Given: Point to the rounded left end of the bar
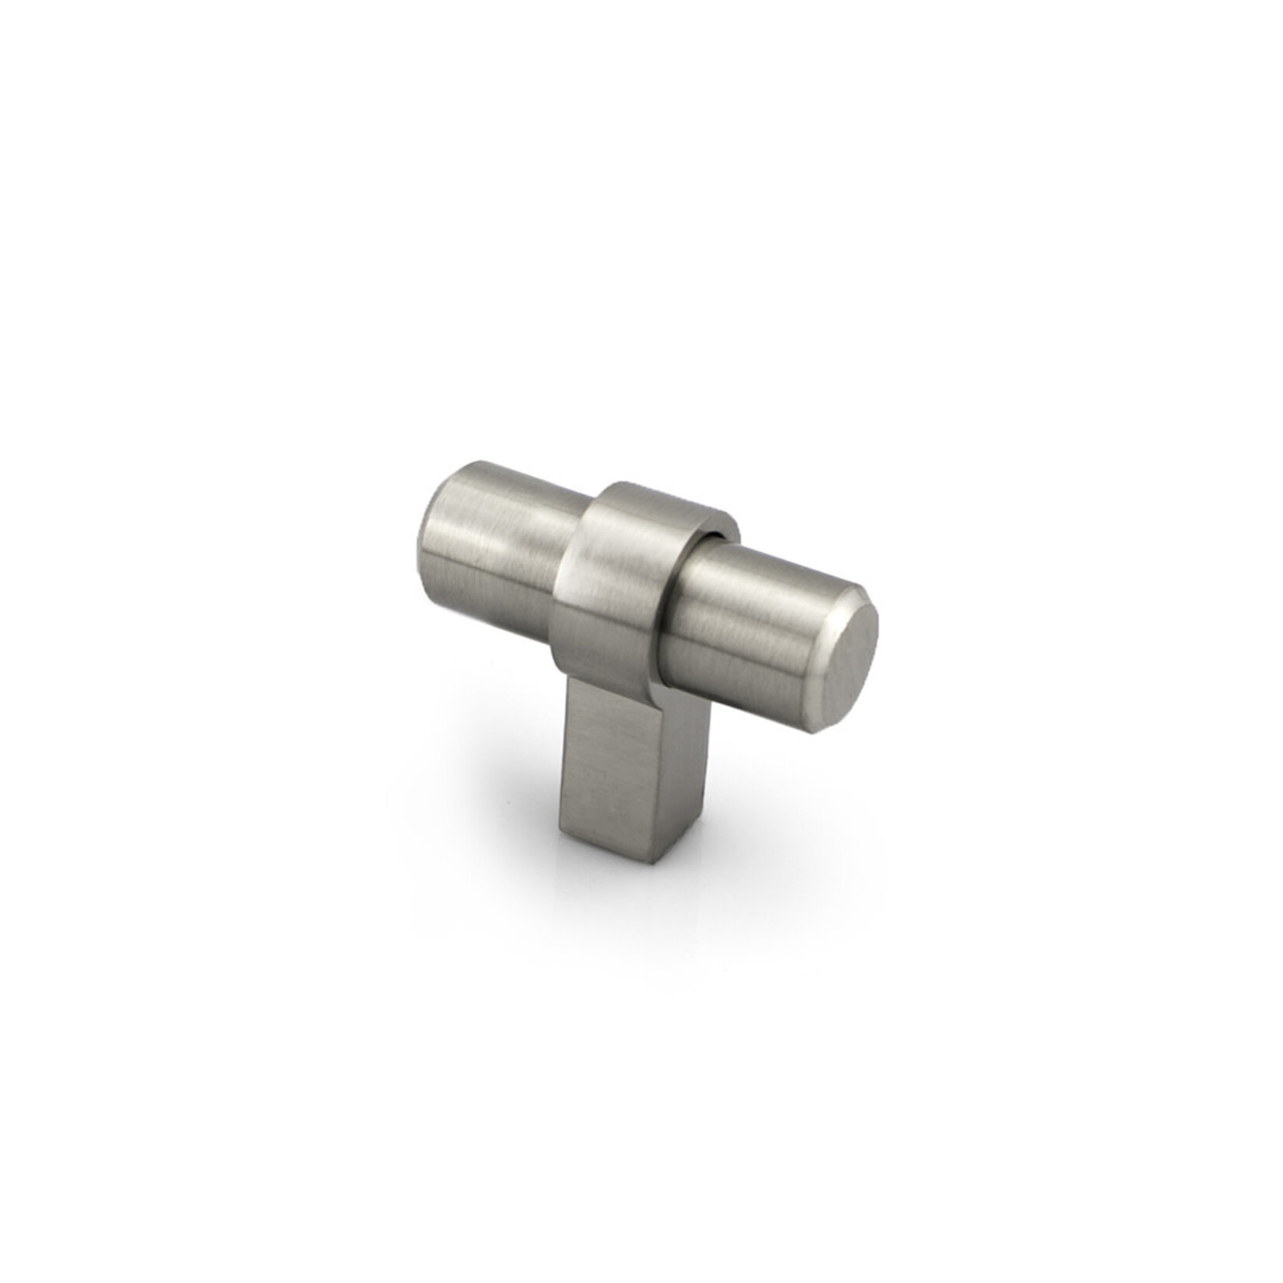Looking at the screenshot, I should (x=429, y=544).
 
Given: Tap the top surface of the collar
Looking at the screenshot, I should (x=652, y=497).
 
